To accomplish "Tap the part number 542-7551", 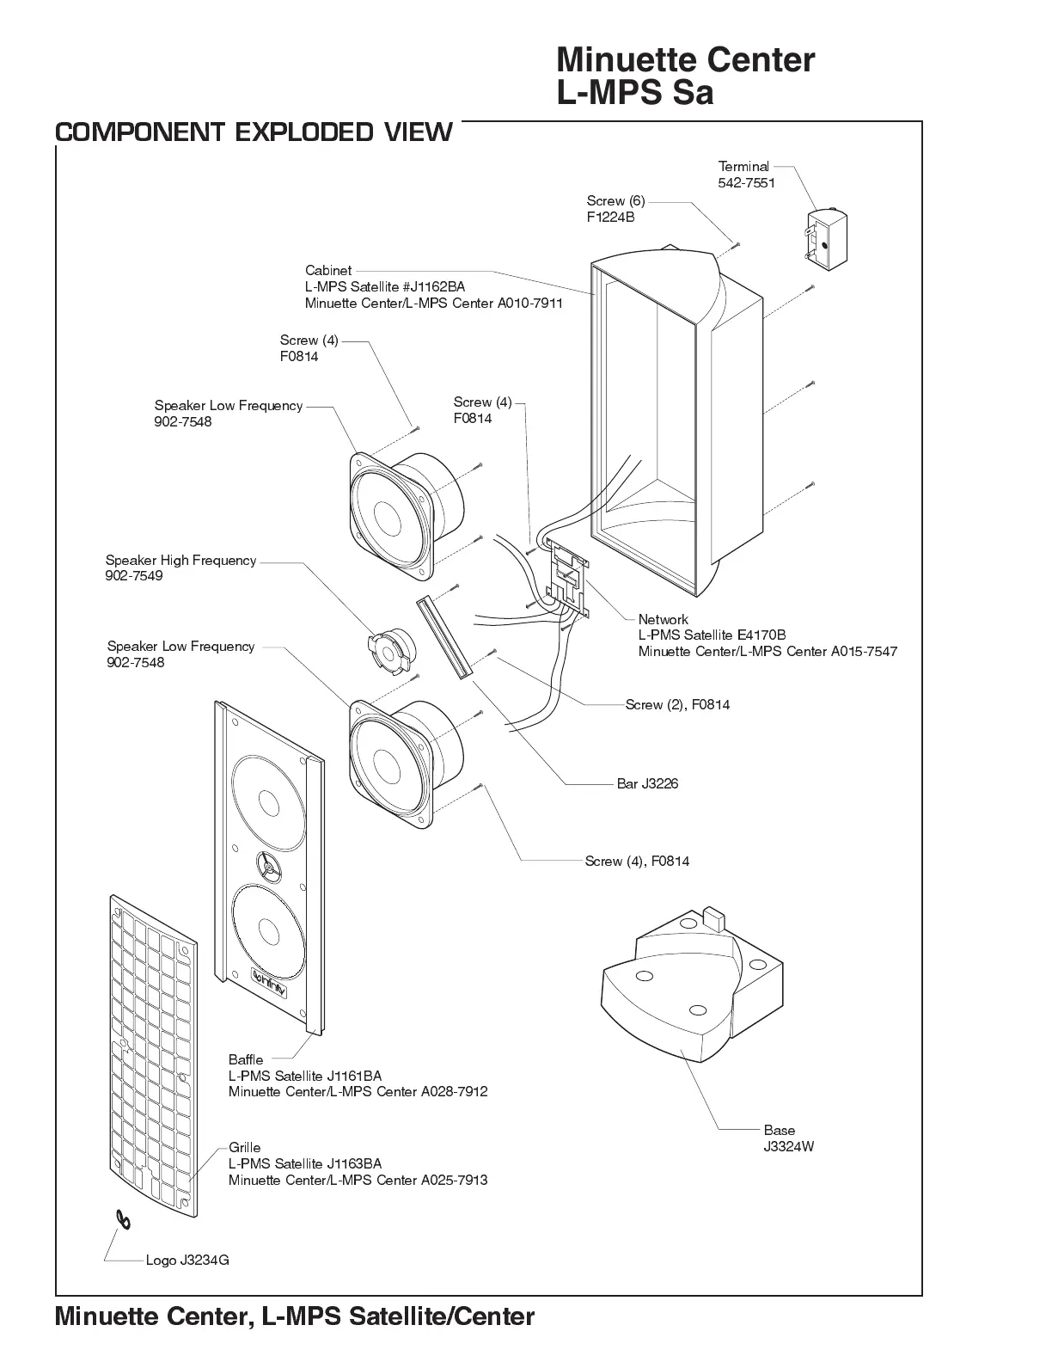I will point(746,183).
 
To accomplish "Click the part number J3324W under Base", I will point(788,1146).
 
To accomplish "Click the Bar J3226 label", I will point(647,783).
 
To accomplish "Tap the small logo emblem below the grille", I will point(125,1220).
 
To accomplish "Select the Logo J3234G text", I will point(187,1260).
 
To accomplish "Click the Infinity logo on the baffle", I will point(270,976).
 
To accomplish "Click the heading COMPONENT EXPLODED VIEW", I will point(254,132).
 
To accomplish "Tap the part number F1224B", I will point(610,218).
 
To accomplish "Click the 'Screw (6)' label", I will point(615,200).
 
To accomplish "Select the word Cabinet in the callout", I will point(328,270).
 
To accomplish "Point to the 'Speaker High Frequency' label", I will point(180,560).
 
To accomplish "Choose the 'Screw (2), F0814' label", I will point(677,704).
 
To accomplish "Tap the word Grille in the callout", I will point(244,1147).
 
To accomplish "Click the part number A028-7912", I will point(454,1091).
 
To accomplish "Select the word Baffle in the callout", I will point(246,1059).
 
